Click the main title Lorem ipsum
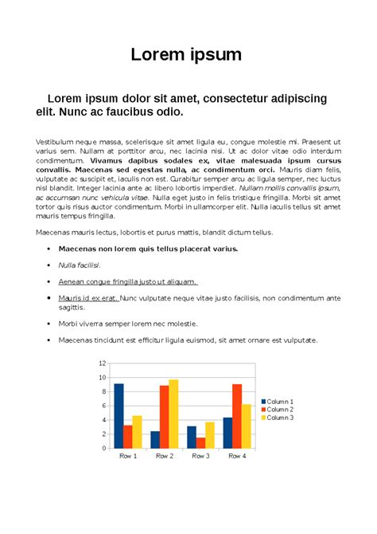point(188,55)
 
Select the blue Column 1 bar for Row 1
point(119,415)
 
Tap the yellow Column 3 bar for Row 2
point(173,414)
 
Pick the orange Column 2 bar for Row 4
point(237,415)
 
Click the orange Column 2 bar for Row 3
point(200,442)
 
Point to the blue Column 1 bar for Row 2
point(155,439)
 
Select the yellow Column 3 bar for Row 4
point(247,426)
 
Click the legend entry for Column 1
point(279,401)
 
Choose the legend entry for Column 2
point(279,409)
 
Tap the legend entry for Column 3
point(279,417)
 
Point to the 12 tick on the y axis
point(102,363)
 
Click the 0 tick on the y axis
point(103,448)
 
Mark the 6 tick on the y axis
point(103,406)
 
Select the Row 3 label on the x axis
point(200,456)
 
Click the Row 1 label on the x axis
point(128,456)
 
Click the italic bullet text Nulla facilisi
point(79,265)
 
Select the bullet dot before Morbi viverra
point(49,324)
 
